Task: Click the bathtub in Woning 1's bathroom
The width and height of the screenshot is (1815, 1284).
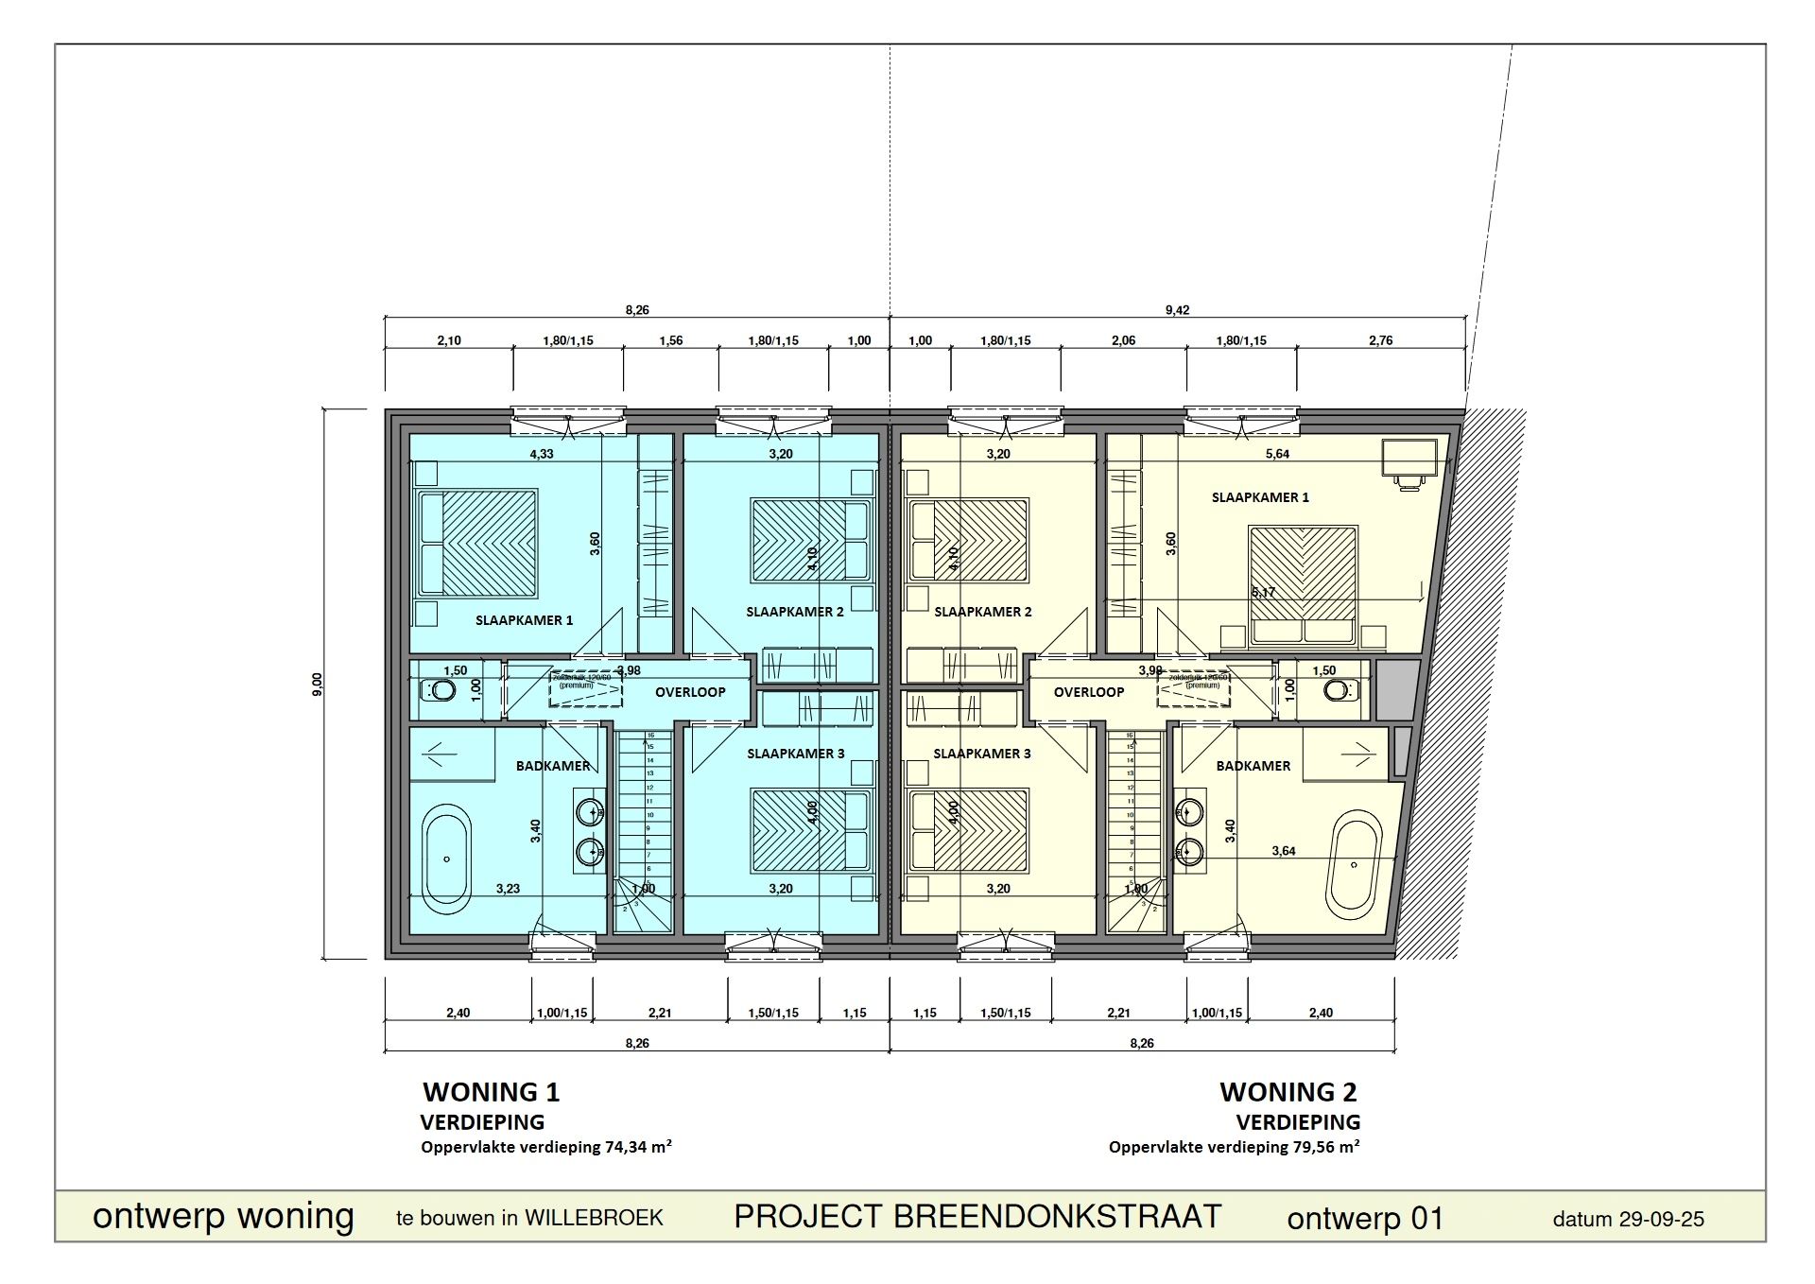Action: (x=447, y=859)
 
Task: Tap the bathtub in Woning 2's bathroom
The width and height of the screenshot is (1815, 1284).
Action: (x=1354, y=864)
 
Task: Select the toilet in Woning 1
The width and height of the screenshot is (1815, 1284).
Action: (x=438, y=691)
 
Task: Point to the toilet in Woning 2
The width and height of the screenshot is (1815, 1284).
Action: (x=1337, y=691)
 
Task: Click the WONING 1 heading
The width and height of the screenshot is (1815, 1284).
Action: (x=491, y=1092)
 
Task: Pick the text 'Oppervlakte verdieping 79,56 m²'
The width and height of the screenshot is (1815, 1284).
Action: (x=1234, y=1147)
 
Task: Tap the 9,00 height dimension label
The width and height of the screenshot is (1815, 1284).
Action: (x=318, y=685)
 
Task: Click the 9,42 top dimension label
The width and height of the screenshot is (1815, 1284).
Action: (x=1177, y=310)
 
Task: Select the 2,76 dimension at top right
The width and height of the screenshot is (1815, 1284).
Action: (x=1380, y=340)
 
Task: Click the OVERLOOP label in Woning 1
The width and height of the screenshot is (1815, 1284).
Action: (x=690, y=692)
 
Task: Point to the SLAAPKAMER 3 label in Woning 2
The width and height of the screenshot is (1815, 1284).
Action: (x=982, y=754)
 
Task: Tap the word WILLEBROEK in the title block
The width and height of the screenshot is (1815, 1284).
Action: (x=594, y=1218)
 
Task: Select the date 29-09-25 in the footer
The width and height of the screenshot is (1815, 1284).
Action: (x=1661, y=1220)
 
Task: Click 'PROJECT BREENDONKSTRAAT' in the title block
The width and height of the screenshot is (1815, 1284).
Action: (x=977, y=1217)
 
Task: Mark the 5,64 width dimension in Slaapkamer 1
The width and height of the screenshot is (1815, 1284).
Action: (x=1277, y=454)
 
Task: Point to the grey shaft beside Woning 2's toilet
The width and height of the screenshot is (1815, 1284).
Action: (x=1397, y=690)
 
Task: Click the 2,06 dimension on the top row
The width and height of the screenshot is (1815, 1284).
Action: (x=1123, y=340)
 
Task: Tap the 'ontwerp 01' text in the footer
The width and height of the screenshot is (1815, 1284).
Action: (x=1365, y=1219)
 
